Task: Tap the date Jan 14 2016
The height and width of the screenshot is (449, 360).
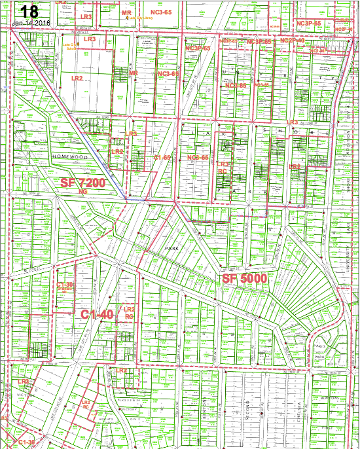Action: [31, 23]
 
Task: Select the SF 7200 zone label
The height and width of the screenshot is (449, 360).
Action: [83, 183]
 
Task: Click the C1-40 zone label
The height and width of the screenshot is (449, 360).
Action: [98, 314]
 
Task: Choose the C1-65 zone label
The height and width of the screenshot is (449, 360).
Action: [162, 158]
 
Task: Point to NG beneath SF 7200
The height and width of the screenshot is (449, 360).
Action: [82, 192]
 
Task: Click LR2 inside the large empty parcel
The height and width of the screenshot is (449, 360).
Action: [77, 78]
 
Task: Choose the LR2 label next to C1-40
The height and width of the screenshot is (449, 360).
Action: [129, 309]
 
